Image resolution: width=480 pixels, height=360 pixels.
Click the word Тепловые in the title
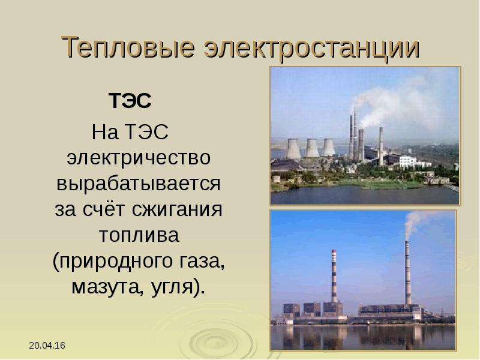tap(128, 47)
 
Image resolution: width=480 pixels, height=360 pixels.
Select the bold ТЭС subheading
tap(130, 101)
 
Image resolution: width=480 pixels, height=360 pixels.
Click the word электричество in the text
tap(139, 158)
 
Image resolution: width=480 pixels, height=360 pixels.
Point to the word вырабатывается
tap(139, 184)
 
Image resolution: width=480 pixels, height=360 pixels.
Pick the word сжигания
tap(178, 210)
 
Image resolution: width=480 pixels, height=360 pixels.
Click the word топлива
tap(139, 235)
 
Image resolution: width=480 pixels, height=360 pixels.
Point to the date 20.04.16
tap(47, 346)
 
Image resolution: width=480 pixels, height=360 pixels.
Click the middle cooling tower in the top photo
tap(312, 148)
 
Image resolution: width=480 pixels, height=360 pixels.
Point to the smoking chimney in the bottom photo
tap(408, 273)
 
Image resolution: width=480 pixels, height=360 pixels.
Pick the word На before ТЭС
tap(104, 132)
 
